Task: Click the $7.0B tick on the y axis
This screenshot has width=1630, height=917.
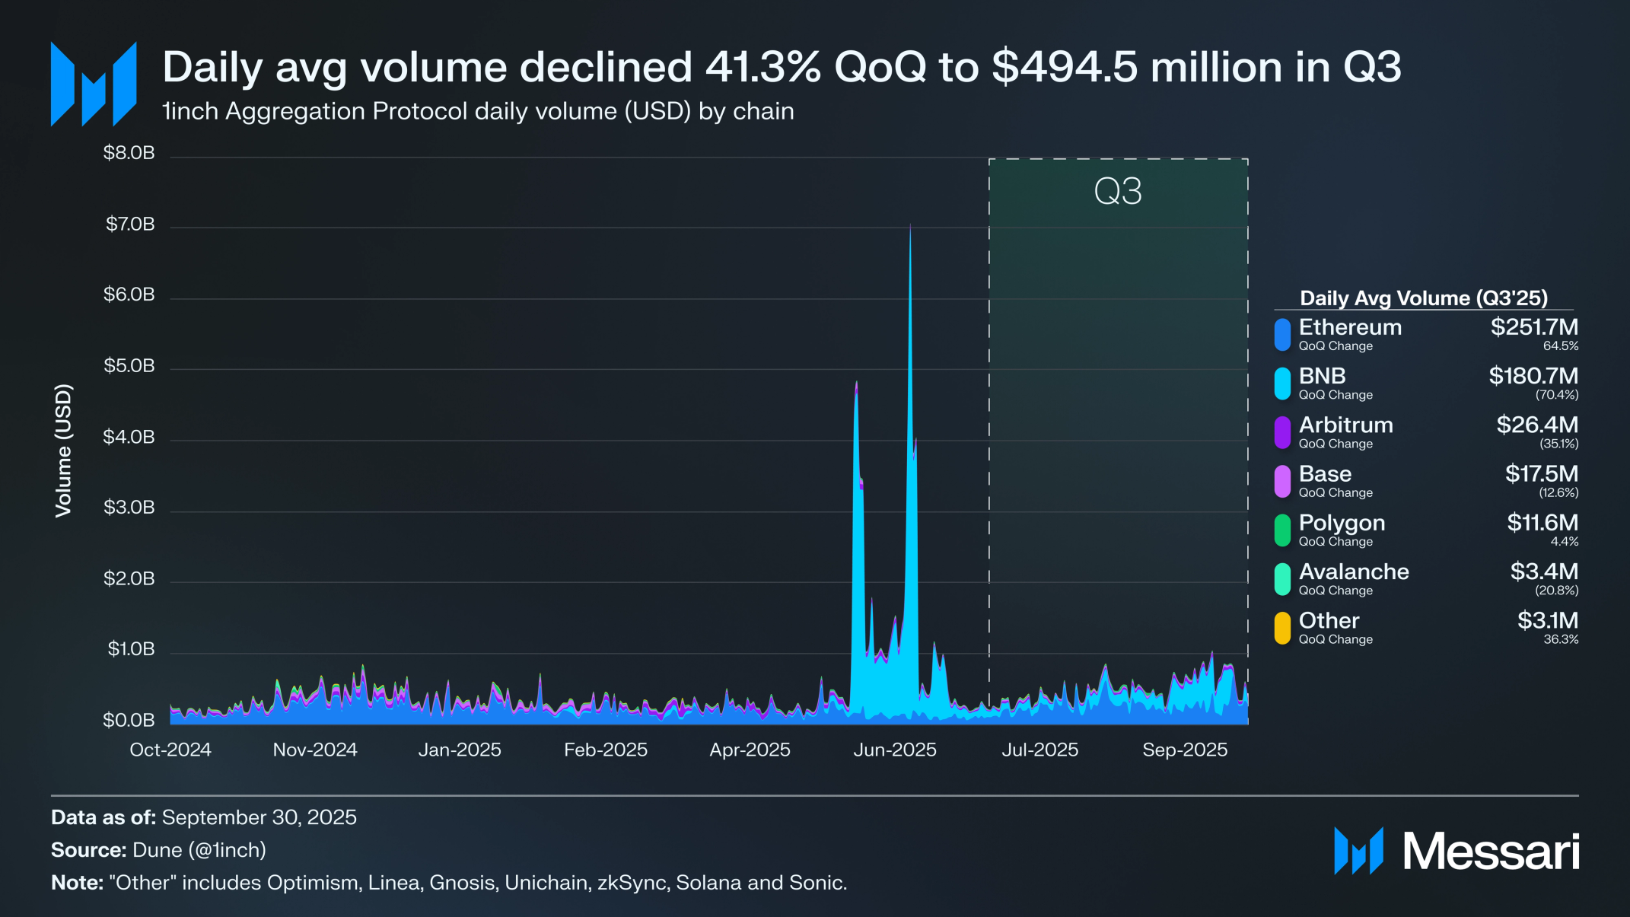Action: tap(130, 224)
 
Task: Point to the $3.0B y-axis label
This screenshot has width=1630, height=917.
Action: tap(129, 508)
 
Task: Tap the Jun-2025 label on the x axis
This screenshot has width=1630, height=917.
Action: tap(895, 750)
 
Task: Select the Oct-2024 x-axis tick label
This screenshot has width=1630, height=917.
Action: tap(170, 750)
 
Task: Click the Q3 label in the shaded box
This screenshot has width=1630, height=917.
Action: tap(1118, 192)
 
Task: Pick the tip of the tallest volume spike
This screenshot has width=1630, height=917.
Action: tap(910, 224)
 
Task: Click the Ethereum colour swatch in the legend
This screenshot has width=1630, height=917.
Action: tap(1283, 335)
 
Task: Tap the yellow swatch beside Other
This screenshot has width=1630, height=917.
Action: tap(1283, 629)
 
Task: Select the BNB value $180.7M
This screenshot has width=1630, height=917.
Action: tap(1533, 376)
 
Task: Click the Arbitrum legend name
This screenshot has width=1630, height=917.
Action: tap(1345, 425)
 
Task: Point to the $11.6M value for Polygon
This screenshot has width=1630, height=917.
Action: tap(1542, 523)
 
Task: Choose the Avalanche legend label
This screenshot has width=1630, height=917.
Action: tap(1354, 572)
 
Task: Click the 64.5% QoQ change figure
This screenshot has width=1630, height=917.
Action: tap(1561, 346)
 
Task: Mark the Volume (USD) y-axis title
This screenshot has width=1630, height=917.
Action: tap(63, 451)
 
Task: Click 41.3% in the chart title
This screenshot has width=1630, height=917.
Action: tap(763, 67)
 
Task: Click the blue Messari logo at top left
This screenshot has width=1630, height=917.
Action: tap(94, 84)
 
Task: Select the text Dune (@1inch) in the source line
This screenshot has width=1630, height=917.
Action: tap(199, 850)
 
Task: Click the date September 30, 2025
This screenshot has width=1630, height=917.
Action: tap(259, 817)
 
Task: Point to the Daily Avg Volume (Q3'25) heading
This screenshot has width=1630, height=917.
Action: tap(1424, 298)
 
